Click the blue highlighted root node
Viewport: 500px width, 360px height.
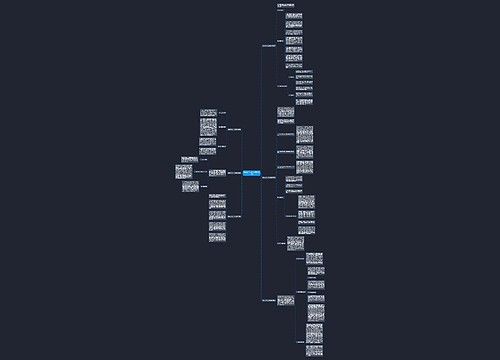pyautogui.click(x=249, y=173)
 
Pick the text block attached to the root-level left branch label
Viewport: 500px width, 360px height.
pyautogui.click(x=209, y=172)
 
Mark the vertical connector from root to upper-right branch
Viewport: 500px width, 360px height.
pyautogui.click(x=261, y=110)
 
